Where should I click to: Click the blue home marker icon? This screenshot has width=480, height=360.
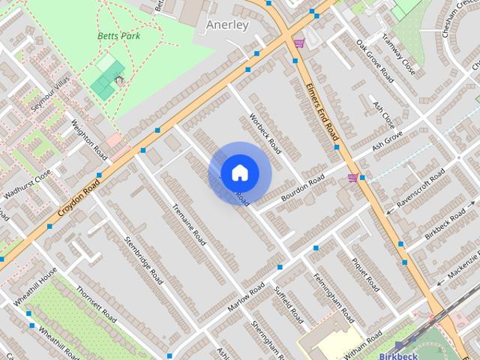tap(239, 172)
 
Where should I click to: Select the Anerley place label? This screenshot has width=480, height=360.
tap(226, 25)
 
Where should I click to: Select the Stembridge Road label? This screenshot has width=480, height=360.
tap(144, 259)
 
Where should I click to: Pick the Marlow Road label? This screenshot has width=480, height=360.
tap(247, 298)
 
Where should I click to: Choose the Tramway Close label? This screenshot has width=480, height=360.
tap(398, 55)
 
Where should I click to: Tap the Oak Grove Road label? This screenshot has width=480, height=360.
tap(374, 61)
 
